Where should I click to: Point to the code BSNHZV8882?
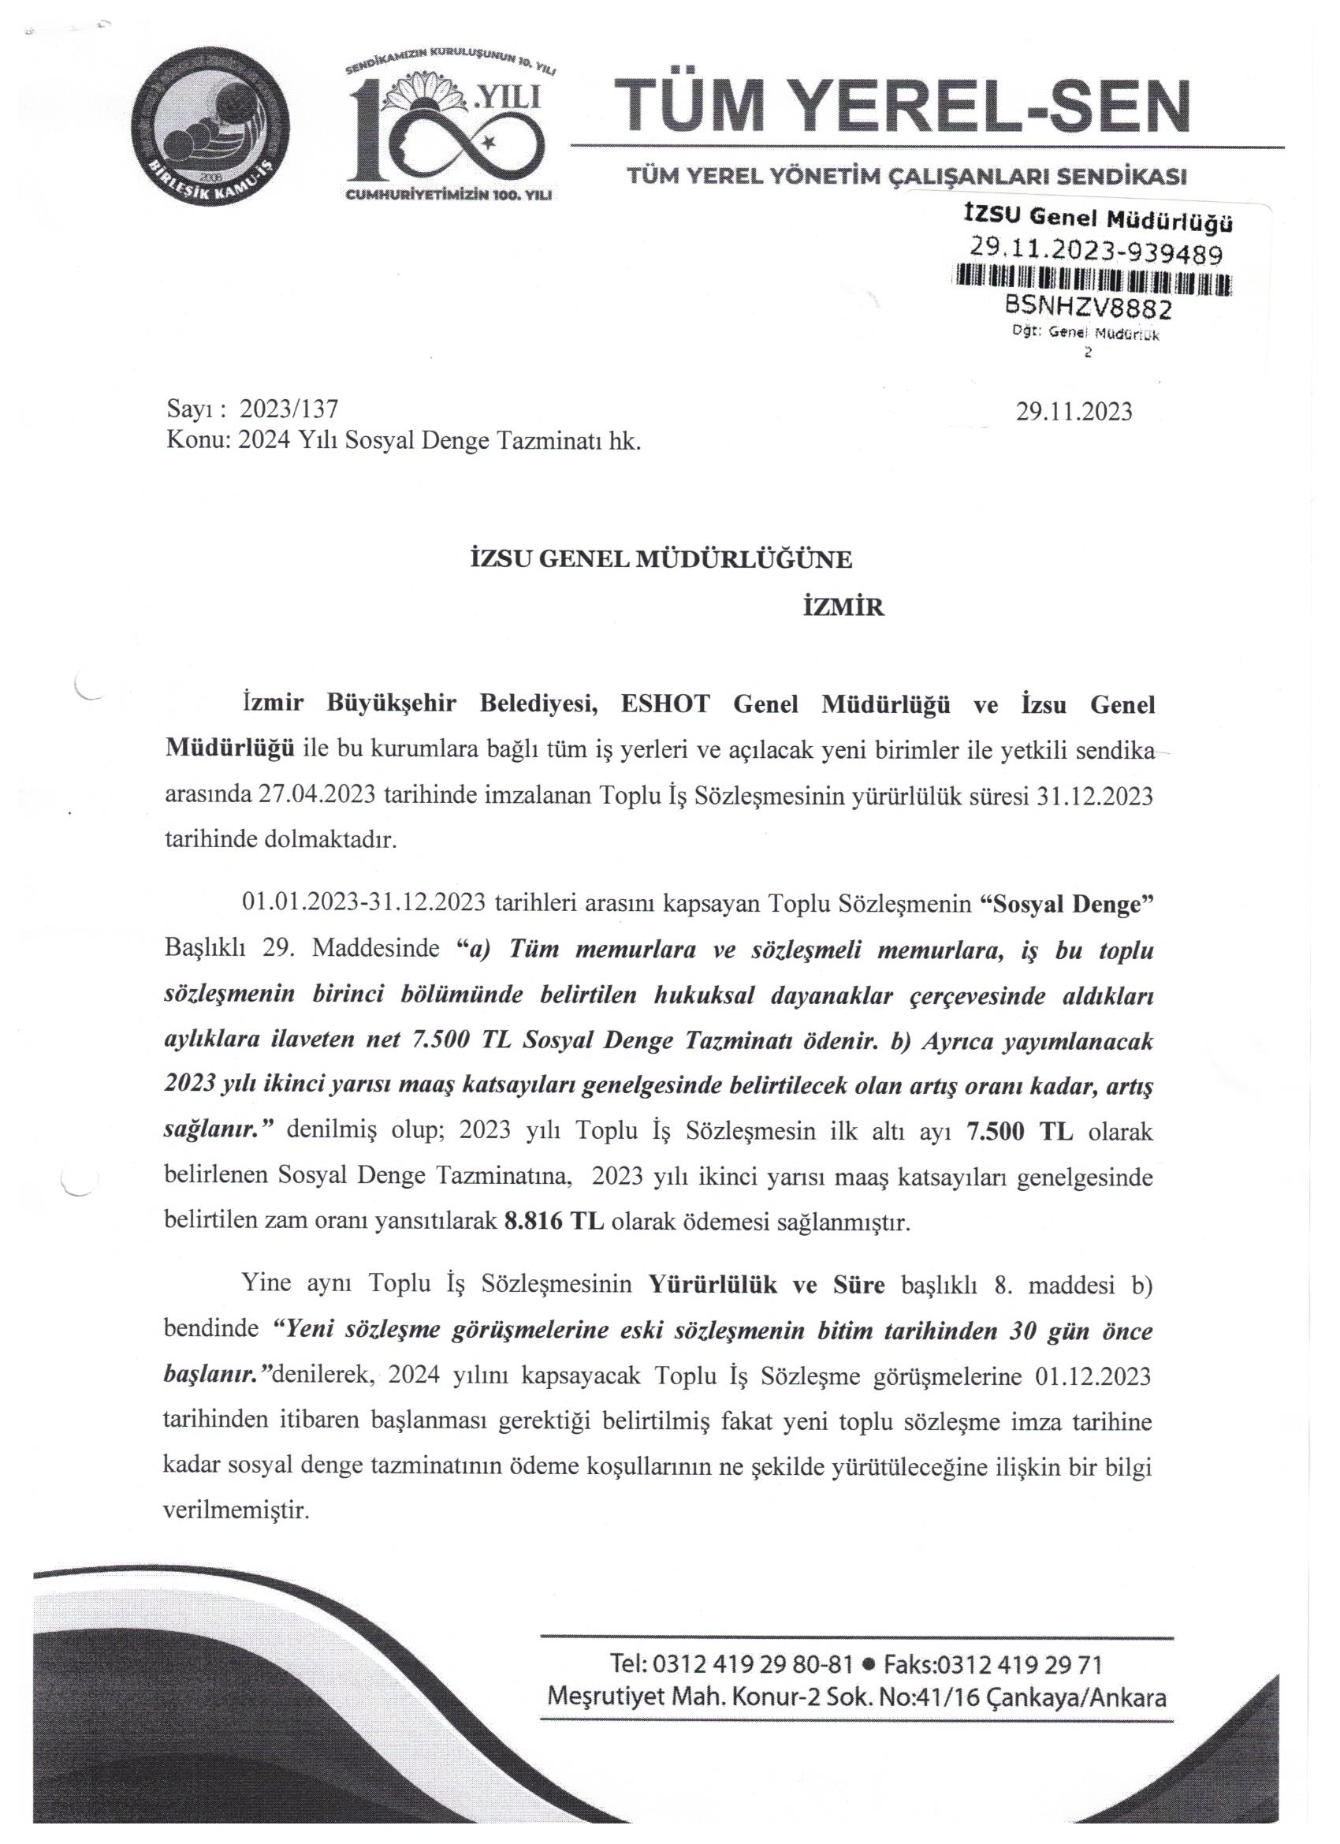click(x=1088, y=309)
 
